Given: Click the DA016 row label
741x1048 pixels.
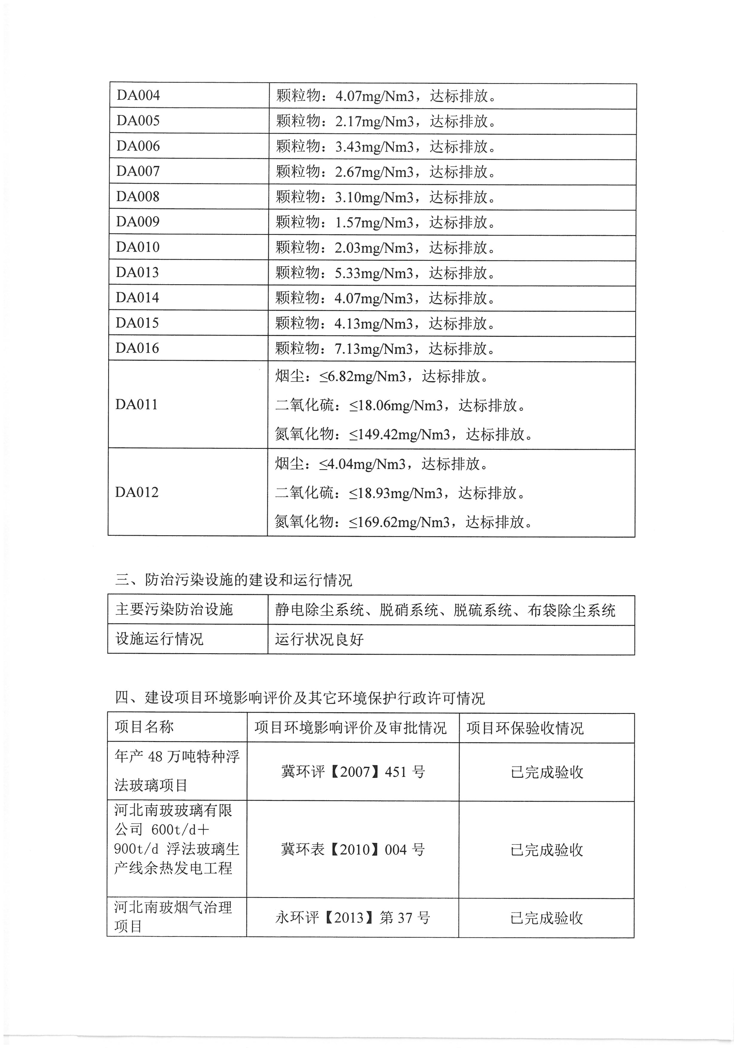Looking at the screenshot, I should point(137,348).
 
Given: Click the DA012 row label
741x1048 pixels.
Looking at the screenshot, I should point(137,492).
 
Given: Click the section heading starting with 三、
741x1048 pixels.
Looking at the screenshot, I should point(234,580).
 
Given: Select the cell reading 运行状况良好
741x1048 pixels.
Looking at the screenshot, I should point(319,639).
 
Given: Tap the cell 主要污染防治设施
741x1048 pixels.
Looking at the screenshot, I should point(174,610).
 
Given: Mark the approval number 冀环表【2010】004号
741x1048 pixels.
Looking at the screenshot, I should point(353,850).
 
